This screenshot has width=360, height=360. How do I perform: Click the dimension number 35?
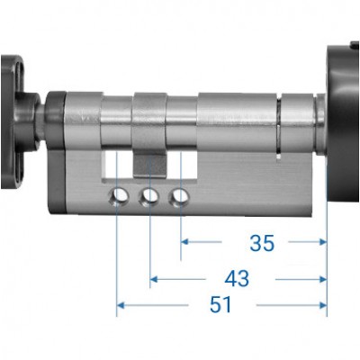[262, 243]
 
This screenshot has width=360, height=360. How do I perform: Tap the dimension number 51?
[220, 306]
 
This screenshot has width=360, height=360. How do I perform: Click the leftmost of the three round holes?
[118, 195]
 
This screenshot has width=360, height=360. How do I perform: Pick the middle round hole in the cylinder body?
[150, 195]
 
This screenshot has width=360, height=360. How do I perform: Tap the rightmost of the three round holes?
[182, 195]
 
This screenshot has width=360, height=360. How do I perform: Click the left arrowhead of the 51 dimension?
[122, 307]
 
